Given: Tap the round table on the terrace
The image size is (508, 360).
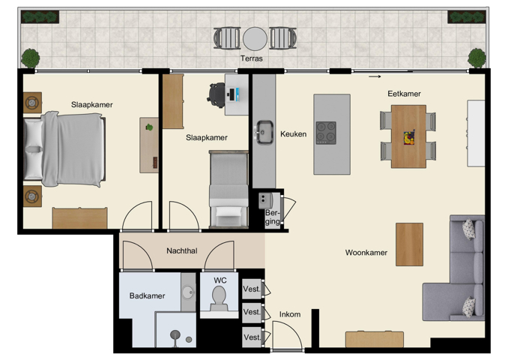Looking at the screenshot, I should tap(255, 37).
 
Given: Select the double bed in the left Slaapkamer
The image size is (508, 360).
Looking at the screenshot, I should tap(64, 149).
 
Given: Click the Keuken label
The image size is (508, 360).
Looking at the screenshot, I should tap(293, 134).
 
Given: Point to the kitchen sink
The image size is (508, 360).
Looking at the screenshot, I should tap(264, 132).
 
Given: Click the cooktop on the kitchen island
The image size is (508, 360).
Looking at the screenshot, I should tap(326, 132).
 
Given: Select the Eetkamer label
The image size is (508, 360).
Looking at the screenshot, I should tap(404, 94).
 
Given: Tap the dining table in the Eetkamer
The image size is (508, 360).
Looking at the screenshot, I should tap(408, 136).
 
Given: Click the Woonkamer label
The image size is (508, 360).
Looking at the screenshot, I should tap(366, 253).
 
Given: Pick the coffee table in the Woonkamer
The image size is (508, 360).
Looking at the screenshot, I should tap(409, 244).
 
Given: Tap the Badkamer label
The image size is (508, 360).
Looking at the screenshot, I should tap(147, 295).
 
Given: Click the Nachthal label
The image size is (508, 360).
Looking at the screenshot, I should tap(182, 251).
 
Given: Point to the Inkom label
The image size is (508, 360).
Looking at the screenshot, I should tap(290, 314).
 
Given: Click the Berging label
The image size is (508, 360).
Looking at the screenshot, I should tap(273, 217).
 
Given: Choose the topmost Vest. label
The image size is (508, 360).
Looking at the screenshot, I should tap(252, 289).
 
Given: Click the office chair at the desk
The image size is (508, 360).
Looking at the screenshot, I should tap(217, 93).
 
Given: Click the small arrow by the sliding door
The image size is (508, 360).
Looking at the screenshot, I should tap(375, 76).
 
